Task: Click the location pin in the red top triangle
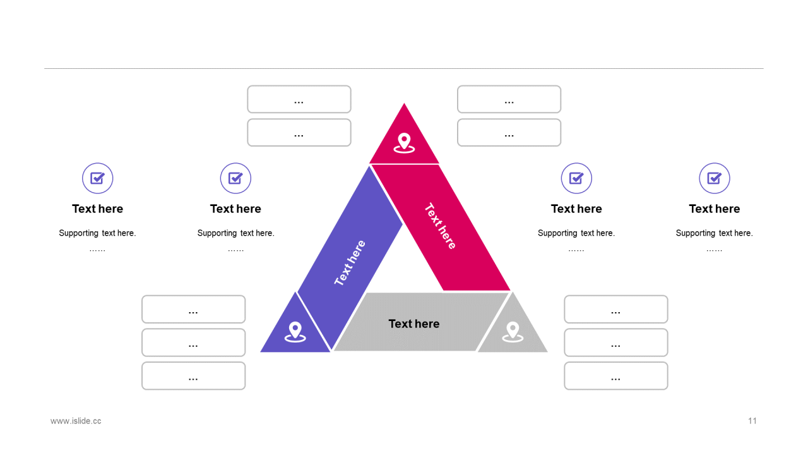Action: coord(404,142)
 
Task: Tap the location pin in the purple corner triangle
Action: coord(295,331)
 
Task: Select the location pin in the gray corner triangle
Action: coord(513,331)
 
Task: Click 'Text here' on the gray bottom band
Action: coord(413,324)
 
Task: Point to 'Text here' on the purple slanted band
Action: coord(350,263)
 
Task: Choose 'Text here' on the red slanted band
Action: coord(440,226)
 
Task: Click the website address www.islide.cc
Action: coord(76,421)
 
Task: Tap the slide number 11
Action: coord(752,421)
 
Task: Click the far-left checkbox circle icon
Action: coord(98,178)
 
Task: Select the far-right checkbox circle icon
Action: coord(714,178)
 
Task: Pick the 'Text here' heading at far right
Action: coord(714,209)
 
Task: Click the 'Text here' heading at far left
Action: coord(98,209)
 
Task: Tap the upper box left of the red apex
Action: coord(299,99)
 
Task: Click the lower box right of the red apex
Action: coord(509,133)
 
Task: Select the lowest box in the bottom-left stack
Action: coord(193,376)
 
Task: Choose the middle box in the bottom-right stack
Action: coord(615,343)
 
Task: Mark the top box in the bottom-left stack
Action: coord(193,309)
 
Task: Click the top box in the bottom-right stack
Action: coord(615,309)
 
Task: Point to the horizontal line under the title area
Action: coord(404,68)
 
